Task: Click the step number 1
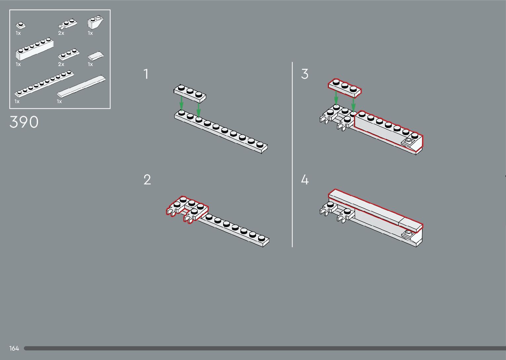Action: [x=146, y=74]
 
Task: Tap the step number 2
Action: [x=147, y=180]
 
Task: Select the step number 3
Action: [x=305, y=74]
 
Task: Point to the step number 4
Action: [x=305, y=180]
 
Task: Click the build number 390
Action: [x=24, y=122]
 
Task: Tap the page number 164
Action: [x=14, y=348]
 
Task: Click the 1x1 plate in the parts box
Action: [x=21, y=25]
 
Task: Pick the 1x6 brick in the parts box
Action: [x=34, y=50]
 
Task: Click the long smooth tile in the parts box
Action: [x=81, y=86]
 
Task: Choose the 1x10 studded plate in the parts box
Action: [x=44, y=84]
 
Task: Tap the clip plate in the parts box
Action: [x=67, y=24]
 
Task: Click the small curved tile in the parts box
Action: [x=96, y=56]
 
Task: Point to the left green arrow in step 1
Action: [x=181, y=102]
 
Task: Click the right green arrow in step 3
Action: [x=353, y=104]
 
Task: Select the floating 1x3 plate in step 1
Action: [x=190, y=92]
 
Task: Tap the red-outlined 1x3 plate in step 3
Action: [x=345, y=87]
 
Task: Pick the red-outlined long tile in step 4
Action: [x=375, y=209]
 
